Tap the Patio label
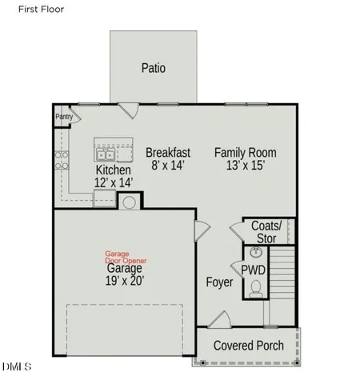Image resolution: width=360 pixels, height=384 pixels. tap(153, 68)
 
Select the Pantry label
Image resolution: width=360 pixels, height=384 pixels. tap(64, 117)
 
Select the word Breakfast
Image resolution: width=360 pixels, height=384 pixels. tap(167, 152)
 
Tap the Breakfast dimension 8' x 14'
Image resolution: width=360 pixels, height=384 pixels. tap(167, 165)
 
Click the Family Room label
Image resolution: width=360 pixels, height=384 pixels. tap(246, 152)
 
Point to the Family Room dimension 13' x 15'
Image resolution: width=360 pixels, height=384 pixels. tap(246, 165)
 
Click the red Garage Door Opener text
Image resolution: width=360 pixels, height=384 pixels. tap(126, 257)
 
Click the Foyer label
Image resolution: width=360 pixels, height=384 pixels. tap(219, 282)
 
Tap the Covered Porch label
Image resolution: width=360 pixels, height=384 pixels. tap(248, 346)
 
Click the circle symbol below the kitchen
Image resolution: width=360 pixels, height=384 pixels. tap(128, 201)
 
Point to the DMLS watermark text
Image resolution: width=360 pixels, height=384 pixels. tap(16, 367)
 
